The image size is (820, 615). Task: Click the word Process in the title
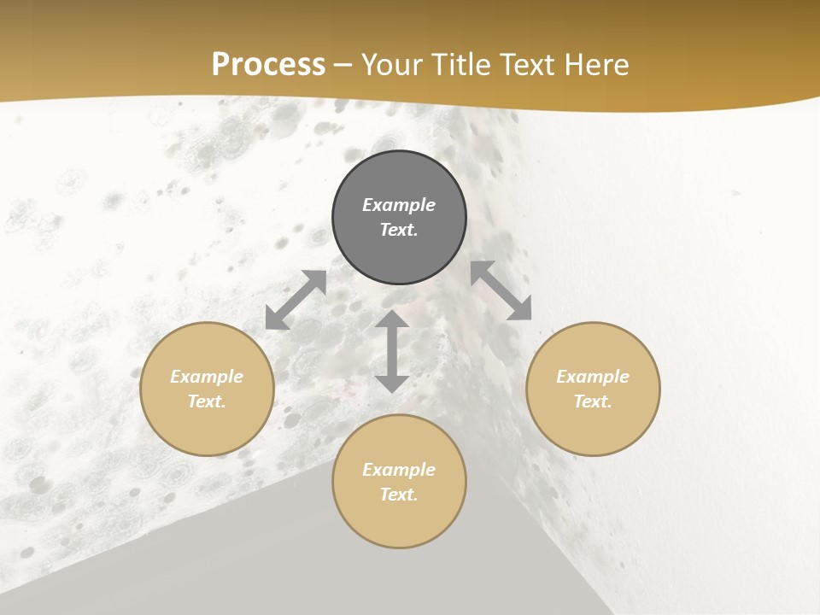tap(268, 65)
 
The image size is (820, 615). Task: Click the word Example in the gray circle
tap(399, 205)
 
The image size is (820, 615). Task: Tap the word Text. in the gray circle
tap(399, 230)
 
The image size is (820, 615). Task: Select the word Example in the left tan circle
tap(207, 377)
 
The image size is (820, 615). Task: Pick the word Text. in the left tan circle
tap(207, 401)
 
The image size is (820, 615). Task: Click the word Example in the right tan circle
tap(593, 377)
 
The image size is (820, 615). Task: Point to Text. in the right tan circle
tap(593, 401)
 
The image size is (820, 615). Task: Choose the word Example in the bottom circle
tap(399, 470)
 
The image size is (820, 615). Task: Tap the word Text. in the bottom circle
tap(399, 495)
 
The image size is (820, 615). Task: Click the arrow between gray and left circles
tap(296, 300)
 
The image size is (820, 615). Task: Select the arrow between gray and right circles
tap(501, 291)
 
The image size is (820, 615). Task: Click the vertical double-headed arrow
tap(392, 352)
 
